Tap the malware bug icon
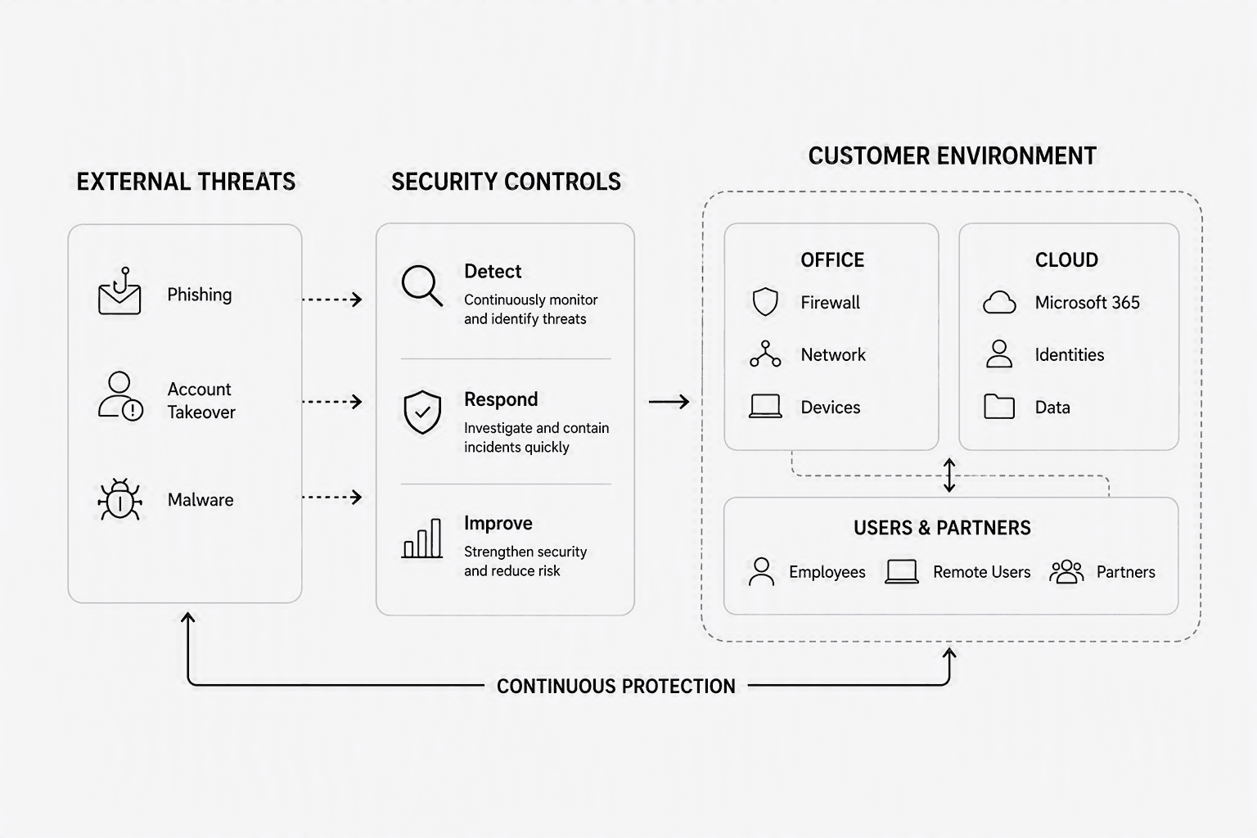tap(119, 499)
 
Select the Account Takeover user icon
tap(120, 396)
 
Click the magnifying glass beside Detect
tap(422, 285)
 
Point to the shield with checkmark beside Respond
tap(422, 412)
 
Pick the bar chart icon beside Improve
tap(422, 538)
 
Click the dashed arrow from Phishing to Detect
tap(332, 300)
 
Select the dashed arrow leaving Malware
tap(332, 497)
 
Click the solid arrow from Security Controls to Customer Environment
tap(669, 401)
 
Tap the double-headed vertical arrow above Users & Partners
tap(949, 475)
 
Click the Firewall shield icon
tap(765, 302)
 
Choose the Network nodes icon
tap(765, 354)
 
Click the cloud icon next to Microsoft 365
tap(999, 302)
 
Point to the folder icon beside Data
tap(999, 407)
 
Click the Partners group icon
tap(1066, 571)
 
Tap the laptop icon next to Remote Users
tap(902, 571)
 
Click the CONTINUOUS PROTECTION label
tap(615, 686)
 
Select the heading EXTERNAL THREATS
tap(186, 182)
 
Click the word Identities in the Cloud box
tap(1069, 354)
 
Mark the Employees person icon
tap(762, 571)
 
